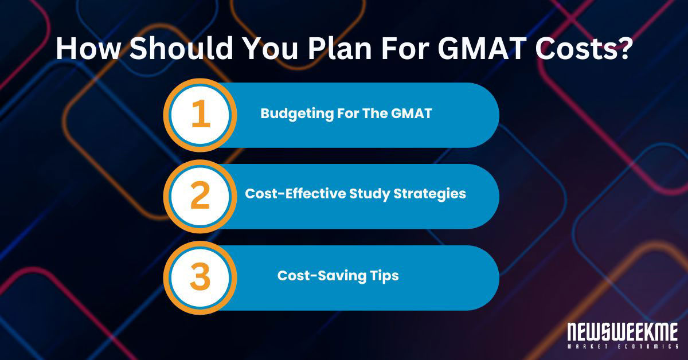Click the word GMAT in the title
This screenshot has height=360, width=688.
click(487, 49)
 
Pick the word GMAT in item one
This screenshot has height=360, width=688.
click(413, 114)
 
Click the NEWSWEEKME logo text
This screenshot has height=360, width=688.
click(622, 332)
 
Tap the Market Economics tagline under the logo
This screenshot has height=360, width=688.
click(622, 347)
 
